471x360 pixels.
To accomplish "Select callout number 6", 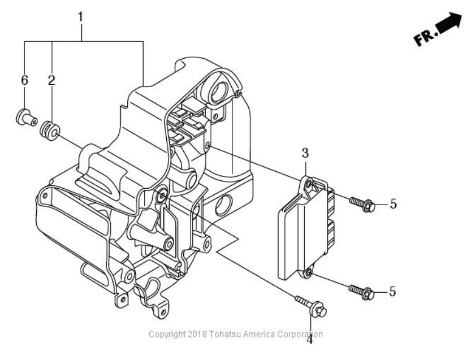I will (x=24, y=80).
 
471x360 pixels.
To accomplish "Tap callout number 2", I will (x=51, y=80).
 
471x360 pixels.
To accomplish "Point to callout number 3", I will (x=305, y=153).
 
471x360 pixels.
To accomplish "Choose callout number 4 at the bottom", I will (x=309, y=339).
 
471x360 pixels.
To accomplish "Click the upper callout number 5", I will (x=393, y=204).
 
